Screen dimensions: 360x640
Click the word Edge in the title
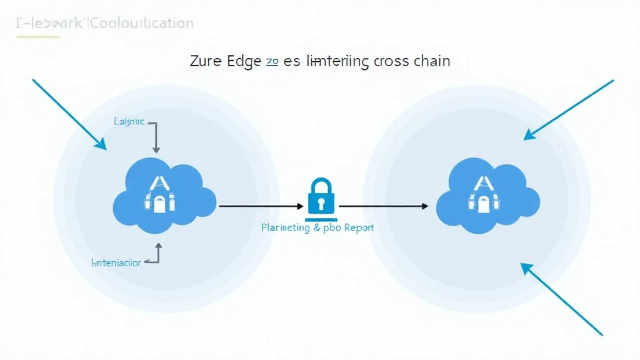[244, 61]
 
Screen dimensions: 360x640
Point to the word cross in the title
[391, 61]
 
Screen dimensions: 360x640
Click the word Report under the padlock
[359, 227]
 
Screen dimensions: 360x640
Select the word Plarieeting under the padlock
[285, 227]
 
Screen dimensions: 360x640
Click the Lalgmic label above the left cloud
[129, 121]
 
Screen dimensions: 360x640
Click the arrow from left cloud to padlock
[258, 205]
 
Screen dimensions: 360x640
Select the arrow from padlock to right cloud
[383, 205]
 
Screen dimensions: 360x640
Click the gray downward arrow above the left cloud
[156, 137]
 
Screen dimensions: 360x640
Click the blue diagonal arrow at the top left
[69, 114]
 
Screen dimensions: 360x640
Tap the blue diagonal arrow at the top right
[569, 109]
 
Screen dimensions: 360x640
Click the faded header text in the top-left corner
[104, 24]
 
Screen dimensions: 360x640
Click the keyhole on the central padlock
[321, 203]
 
